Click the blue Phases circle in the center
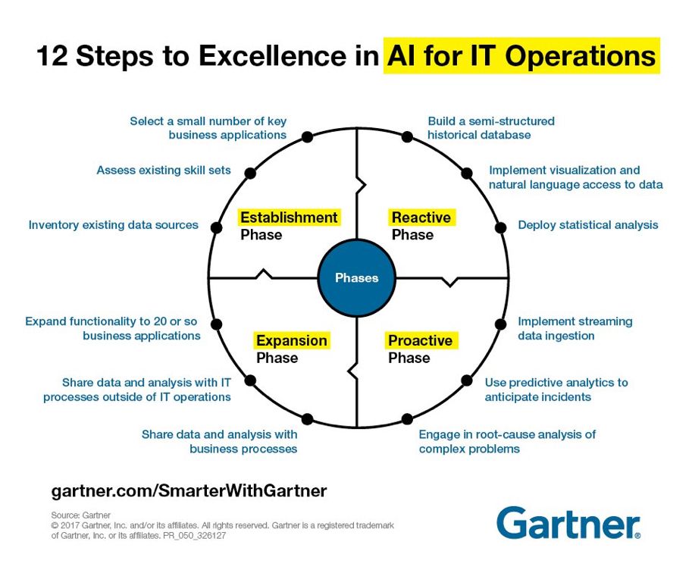(x=356, y=278)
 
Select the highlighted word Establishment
(x=289, y=218)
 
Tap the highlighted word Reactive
(x=421, y=218)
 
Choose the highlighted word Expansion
(x=292, y=341)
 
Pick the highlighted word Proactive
(x=420, y=341)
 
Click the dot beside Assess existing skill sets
(x=249, y=173)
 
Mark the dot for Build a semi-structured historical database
(x=407, y=137)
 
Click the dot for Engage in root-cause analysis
(x=407, y=419)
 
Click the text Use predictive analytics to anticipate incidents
(x=556, y=390)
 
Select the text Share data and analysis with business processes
(x=220, y=441)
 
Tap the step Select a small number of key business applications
(x=208, y=127)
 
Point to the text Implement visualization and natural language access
(x=575, y=177)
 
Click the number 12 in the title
(x=53, y=57)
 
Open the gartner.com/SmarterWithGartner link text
(x=189, y=490)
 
